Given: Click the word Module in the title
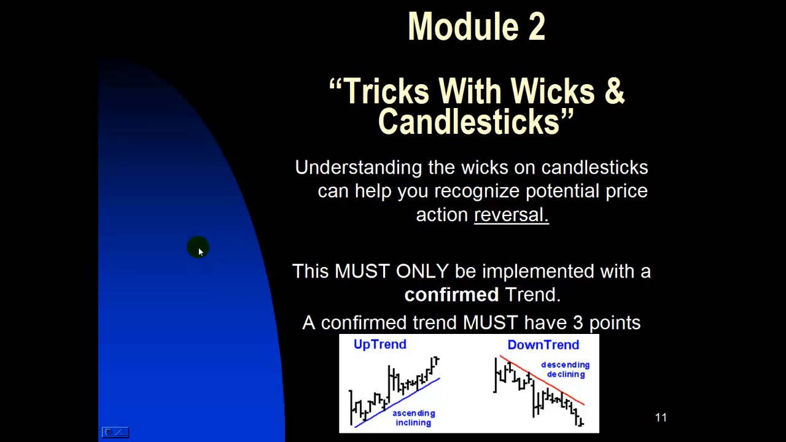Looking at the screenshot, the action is coord(463,26).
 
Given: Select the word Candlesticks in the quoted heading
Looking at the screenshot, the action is coord(469,122).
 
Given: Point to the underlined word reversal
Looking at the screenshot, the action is coord(512,214).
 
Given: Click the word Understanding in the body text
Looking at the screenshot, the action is coord(358,168).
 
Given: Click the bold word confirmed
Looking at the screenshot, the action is coord(451,294).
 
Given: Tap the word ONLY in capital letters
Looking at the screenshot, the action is coord(422,271).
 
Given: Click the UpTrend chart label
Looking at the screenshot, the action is coord(379,344).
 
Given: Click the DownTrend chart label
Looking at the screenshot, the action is coord(543,345).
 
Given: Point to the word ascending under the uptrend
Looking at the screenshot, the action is coord(414,413).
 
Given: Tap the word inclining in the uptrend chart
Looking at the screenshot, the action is coord(413,423).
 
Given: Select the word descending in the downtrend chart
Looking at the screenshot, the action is coord(566,365).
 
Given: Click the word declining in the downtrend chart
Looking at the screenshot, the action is coord(566,374).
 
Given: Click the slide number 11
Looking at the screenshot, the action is coord(661,417).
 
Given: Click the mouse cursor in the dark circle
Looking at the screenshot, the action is coord(201,252).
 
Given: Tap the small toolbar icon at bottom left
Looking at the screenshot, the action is coord(115,432).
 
